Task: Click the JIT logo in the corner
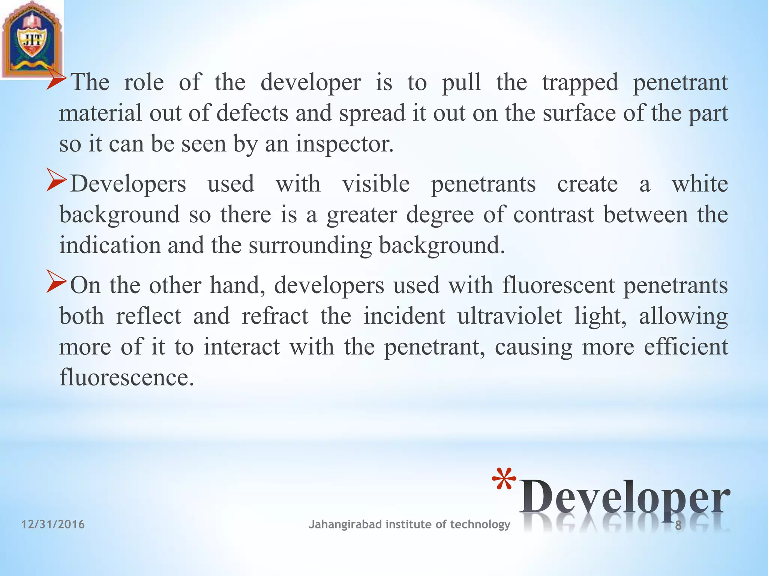pyautogui.click(x=32, y=39)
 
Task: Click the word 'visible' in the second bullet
pyautogui.click(x=376, y=184)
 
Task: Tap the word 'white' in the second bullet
pyautogui.click(x=700, y=184)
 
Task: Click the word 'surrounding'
pyautogui.click(x=310, y=246)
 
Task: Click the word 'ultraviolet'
pyautogui.click(x=510, y=316)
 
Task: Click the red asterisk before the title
pyautogui.click(x=504, y=482)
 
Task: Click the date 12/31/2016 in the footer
pyautogui.click(x=53, y=524)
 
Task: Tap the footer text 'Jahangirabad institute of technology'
pyautogui.click(x=409, y=524)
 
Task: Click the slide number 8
pyautogui.click(x=678, y=526)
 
